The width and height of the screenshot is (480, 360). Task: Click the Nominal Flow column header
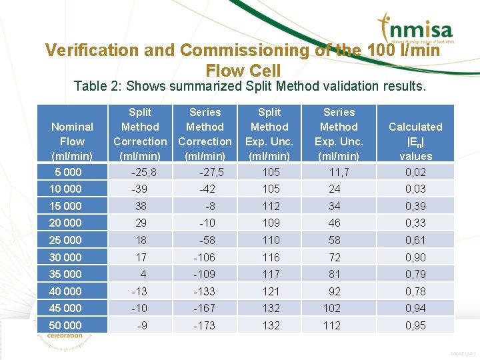[x=72, y=141]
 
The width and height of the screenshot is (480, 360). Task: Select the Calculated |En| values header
[x=415, y=141]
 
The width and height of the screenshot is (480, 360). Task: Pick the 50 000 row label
[x=65, y=325]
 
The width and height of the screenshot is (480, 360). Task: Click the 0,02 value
[x=415, y=172]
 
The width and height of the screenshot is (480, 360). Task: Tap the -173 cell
[x=205, y=325]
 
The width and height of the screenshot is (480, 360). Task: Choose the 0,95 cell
[x=415, y=325]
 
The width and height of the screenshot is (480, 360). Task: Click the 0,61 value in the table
[x=415, y=240]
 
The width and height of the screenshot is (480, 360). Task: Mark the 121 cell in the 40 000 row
[x=269, y=291]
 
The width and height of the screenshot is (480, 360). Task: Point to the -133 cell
[x=205, y=291]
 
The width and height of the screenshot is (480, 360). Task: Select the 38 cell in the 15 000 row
[x=140, y=206]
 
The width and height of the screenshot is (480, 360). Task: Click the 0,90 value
[x=415, y=257]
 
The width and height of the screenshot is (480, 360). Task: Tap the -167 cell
[x=205, y=308]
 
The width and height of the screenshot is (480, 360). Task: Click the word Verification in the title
[x=87, y=50]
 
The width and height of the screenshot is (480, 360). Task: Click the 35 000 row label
[x=65, y=274]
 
